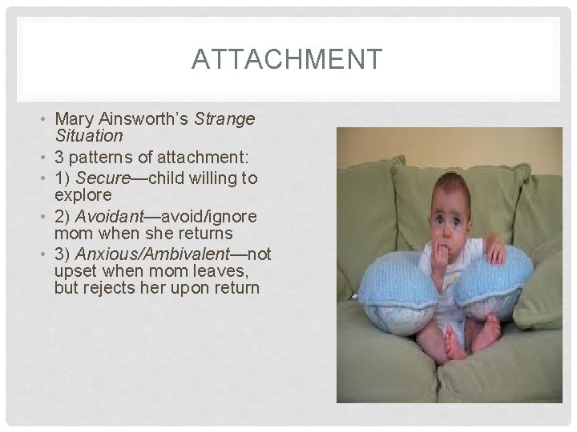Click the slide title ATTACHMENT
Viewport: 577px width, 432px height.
click(288, 60)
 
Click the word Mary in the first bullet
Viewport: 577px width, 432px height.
click(72, 119)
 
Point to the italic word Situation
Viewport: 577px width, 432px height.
click(88, 136)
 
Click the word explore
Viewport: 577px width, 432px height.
click(83, 194)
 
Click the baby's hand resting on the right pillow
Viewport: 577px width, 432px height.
click(496, 254)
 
